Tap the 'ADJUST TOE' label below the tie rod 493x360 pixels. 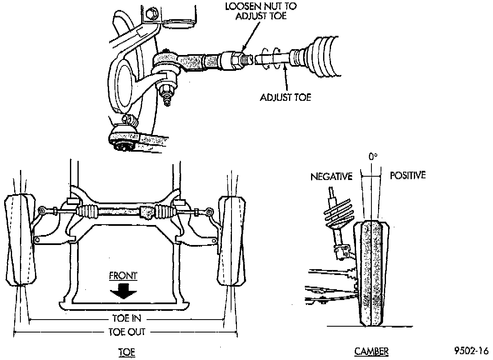(x=285, y=97)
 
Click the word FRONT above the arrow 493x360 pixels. (x=123, y=276)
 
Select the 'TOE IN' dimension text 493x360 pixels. (x=127, y=319)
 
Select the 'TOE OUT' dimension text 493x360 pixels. (x=127, y=332)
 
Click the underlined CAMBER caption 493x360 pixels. (x=371, y=351)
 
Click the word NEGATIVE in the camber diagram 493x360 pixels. (x=331, y=177)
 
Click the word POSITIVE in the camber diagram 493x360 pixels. (x=408, y=175)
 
